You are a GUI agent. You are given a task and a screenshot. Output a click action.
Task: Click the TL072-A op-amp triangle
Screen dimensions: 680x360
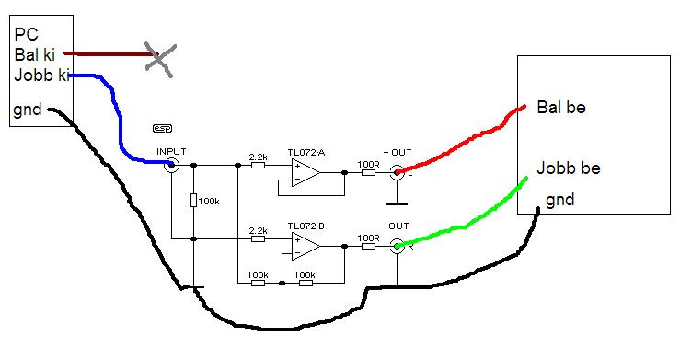click(305, 172)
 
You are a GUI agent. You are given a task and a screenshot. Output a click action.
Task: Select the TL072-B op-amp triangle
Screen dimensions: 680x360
click(305, 247)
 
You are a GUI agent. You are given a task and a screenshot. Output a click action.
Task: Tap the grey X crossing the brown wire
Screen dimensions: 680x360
click(160, 60)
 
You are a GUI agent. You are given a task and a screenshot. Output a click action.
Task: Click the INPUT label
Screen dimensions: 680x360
click(171, 151)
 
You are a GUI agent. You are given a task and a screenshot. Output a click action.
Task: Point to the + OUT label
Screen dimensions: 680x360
click(398, 152)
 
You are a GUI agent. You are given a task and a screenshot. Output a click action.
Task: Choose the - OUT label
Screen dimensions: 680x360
click(396, 226)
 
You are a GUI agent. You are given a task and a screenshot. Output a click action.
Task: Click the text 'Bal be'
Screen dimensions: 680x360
click(561, 107)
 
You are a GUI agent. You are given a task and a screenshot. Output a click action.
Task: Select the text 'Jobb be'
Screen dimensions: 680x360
click(569, 168)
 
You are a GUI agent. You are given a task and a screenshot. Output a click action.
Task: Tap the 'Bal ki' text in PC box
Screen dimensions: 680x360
click(35, 54)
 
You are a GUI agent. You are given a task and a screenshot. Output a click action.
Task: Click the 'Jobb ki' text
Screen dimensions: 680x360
click(41, 75)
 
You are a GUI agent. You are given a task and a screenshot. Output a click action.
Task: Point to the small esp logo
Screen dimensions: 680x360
click(163, 128)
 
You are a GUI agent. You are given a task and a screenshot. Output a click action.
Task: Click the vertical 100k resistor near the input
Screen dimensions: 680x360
click(193, 201)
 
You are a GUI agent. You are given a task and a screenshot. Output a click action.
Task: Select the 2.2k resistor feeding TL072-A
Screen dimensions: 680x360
click(258, 165)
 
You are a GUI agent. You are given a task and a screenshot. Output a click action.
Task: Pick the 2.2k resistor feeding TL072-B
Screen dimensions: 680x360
click(258, 239)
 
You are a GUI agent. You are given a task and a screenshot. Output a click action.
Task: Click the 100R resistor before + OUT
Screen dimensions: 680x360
click(368, 172)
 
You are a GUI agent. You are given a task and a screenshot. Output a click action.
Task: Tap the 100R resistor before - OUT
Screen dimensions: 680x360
click(368, 247)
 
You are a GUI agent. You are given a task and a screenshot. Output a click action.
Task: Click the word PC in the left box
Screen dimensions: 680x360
click(27, 34)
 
